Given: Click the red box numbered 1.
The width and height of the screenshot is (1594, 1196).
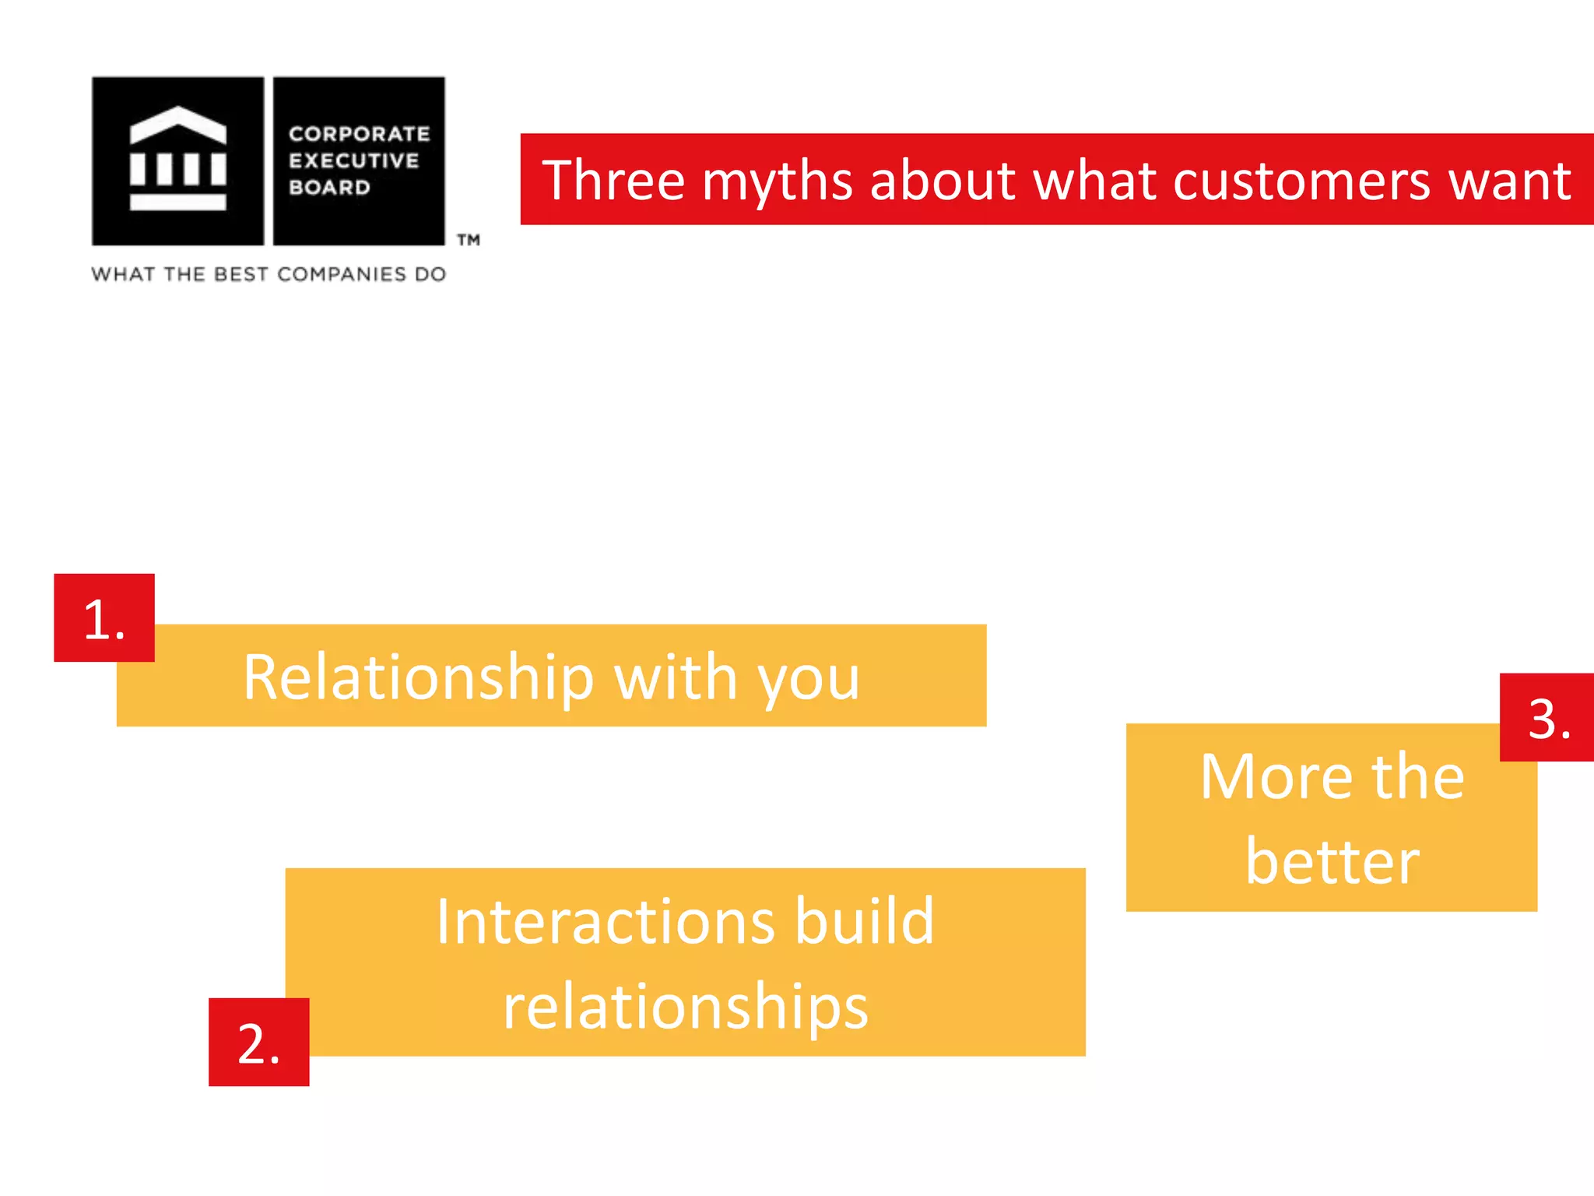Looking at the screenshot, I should click(x=104, y=618).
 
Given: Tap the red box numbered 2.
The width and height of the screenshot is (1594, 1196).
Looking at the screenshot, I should click(x=258, y=1042).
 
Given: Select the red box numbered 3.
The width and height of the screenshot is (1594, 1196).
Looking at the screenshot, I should click(x=1547, y=717).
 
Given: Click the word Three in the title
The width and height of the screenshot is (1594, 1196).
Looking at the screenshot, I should click(x=613, y=181).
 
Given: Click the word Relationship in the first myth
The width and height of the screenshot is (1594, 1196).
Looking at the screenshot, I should click(x=419, y=677).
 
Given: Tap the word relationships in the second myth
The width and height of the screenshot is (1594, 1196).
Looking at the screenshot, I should click(x=685, y=1008).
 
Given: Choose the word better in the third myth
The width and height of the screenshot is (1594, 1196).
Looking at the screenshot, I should click(x=1332, y=862).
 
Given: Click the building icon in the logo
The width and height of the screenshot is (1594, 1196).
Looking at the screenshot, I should click(x=178, y=159).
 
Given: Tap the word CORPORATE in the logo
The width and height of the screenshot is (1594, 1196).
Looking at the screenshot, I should click(x=359, y=134).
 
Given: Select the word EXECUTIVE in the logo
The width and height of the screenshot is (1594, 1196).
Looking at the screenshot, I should click(x=354, y=160).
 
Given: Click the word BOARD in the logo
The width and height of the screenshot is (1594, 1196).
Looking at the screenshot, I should click(x=329, y=188).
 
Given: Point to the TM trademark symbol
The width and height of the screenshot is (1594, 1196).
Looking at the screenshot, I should click(x=468, y=240).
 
